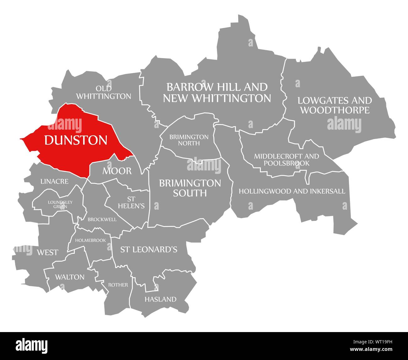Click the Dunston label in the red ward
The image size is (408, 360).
click(76, 140)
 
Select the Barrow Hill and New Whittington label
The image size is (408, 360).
click(217, 92)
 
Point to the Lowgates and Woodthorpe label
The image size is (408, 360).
click(335, 105)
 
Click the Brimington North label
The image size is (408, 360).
click(189, 140)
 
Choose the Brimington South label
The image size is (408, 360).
click(190, 188)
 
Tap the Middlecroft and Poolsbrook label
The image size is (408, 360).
click(287, 159)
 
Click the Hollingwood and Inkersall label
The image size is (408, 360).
click(292, 191)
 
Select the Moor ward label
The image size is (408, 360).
click(117, 171)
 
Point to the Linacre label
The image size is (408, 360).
click(54, 181)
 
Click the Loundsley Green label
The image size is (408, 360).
click(60, 204)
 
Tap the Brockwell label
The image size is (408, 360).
click(102, 219)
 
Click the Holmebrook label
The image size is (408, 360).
click(93, 240)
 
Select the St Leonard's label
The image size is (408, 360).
click(149, 250)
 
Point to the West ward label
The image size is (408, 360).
click(47, 252)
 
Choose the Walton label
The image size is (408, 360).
click(70, 277)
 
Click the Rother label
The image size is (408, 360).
click(118, 285)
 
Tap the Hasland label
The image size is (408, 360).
click(160, 299)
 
